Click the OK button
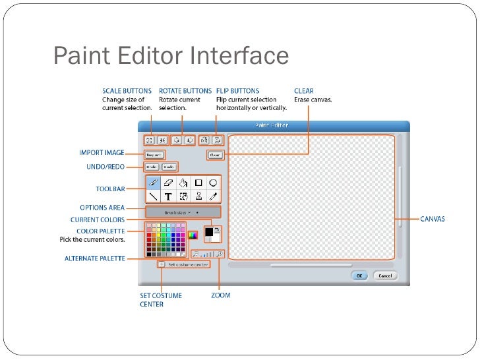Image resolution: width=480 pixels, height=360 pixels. tap(360, 276)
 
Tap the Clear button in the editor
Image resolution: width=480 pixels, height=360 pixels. tap(215, 155)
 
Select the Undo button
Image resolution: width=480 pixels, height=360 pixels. tap(152, 167)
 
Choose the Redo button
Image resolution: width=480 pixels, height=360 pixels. tap(169, 167)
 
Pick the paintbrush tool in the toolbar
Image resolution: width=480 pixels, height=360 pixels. tap(152, 183)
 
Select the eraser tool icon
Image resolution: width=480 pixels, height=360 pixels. tap(167, 183)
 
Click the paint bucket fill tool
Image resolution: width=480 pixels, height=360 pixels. tap(183, 183)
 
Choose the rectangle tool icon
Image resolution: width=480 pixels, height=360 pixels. tap(198, 183)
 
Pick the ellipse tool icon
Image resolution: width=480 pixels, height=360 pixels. tap(213, 183)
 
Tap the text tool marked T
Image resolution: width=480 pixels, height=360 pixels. tap(167, 196)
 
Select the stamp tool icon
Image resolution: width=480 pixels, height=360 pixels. tap(198, 196)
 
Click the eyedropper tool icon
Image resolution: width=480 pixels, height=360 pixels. tap(213, 196)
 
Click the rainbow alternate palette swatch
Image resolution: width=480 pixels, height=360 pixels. tap(193, 234)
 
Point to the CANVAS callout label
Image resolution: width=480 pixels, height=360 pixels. tap(433, 219)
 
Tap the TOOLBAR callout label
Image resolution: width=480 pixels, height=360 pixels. tap(110, 189)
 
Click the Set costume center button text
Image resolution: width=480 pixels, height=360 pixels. tap(188, 264)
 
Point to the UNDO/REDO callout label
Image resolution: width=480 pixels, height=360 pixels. tap(105, 167)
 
